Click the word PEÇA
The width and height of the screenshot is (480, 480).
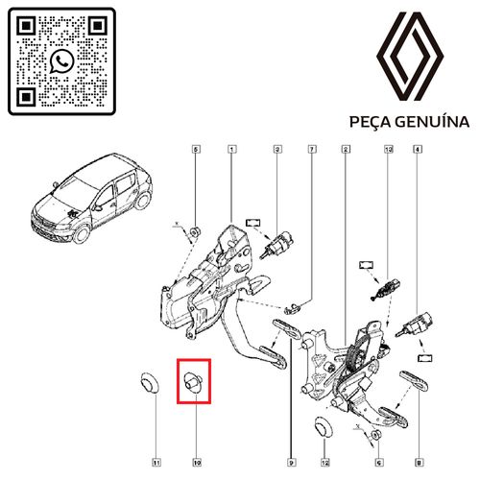370,123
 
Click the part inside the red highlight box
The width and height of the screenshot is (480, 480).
193,381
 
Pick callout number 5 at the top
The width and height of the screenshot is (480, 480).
196,150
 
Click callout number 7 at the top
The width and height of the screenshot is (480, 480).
312,150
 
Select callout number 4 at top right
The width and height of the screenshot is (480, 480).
418,150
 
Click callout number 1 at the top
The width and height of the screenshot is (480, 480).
231,150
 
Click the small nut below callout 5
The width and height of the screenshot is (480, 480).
195,228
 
